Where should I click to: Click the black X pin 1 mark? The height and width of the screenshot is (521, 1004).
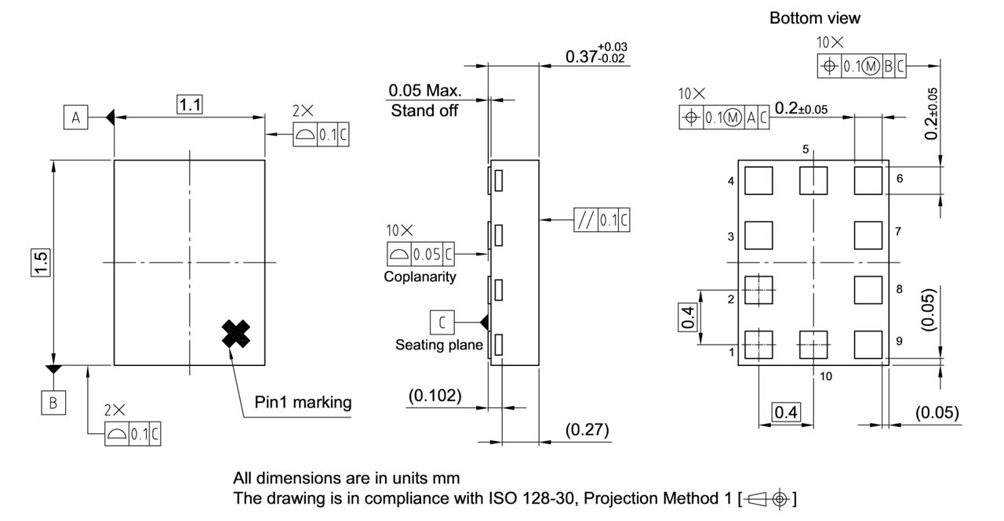click(x=235, y=335)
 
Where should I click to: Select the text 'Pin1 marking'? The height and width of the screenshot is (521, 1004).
click(x=303, y=403)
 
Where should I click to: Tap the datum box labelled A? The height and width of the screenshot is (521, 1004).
click(x=76, y=118)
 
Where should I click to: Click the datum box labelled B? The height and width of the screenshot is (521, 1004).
click(x=53, y=403)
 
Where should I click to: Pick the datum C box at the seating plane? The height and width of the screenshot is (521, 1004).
click(x=442, y=321)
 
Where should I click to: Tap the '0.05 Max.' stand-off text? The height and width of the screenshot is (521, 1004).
click(x=425, y=91)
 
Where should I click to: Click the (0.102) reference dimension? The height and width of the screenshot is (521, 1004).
click(x=435, y=396)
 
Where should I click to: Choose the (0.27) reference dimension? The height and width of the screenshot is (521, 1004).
click(x=586, y=430)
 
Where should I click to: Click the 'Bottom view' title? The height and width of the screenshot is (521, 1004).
click(x=814, y=17)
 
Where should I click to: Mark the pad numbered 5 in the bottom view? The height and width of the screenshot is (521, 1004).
click(x=813, y=181)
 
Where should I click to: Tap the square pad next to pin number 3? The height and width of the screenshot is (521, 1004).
click(x=758, y=234)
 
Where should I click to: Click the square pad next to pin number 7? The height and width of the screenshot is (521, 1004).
click(x=868, y=234)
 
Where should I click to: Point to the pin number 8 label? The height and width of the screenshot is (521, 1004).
click(x=899, y=288)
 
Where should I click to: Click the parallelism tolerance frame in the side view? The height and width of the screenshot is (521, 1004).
click(x=602, y=219)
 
